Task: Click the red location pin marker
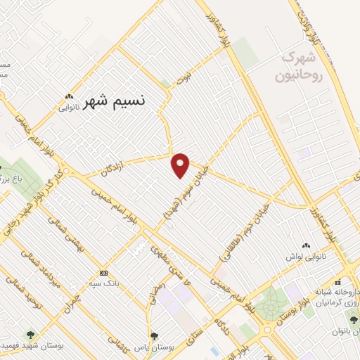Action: [x=181, y=165]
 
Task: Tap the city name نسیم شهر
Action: [x=114, y=101]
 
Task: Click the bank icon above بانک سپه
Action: [x=103, y=273]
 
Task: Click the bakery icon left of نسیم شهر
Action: [x=68, y=96]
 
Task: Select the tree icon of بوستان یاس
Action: [x=154, y=337]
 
